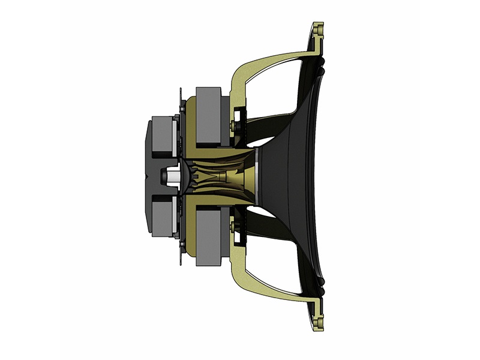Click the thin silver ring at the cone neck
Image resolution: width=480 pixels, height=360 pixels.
tap(257, 175)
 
